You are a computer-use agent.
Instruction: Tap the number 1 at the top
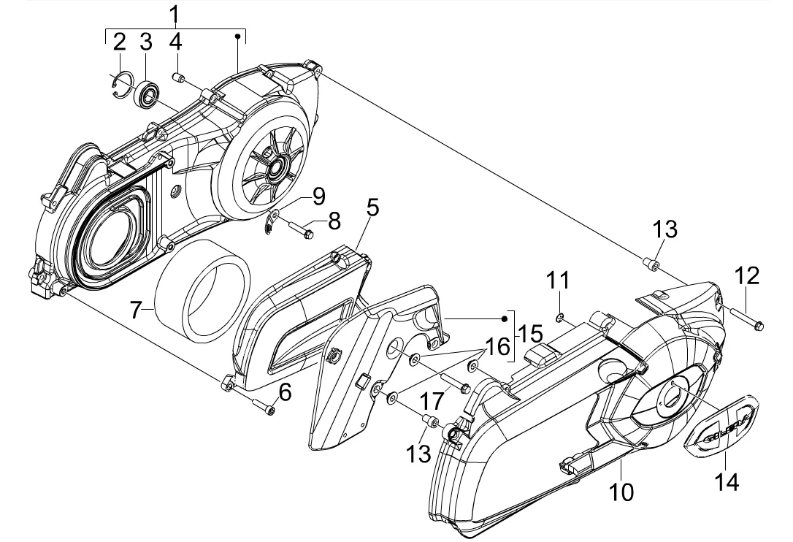pos(174,13)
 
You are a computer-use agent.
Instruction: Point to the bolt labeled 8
pos(300,233)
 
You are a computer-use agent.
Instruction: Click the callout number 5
pos(372,208)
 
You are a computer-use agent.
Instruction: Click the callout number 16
pos(497,346)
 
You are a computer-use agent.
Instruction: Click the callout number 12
pos(747,275)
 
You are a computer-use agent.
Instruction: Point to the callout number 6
pos(285,392)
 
